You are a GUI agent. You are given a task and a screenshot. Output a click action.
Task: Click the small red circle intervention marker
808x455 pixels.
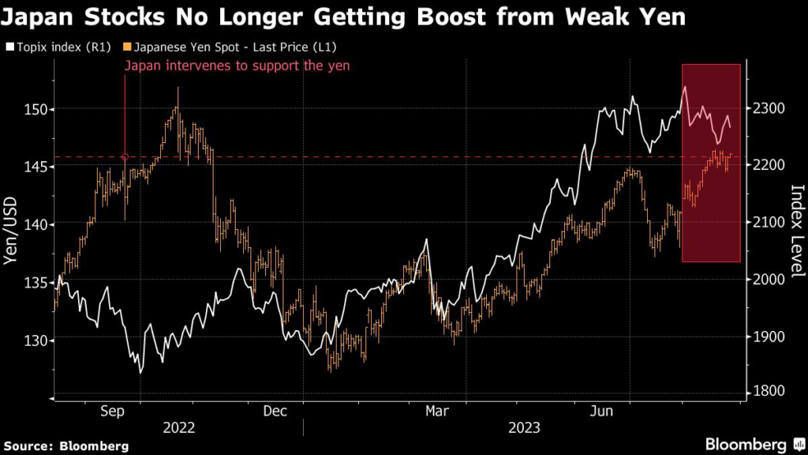point(125,157)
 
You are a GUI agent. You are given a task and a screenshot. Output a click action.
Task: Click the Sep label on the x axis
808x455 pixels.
point(114,411)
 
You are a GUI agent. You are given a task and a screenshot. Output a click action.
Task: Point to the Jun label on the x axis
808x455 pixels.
point(601,411)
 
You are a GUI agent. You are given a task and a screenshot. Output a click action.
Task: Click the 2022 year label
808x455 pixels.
point(179,427)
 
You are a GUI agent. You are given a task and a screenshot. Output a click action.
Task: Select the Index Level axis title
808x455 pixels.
point(795,231)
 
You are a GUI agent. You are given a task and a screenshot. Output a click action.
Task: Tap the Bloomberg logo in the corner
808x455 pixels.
point(746,443)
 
